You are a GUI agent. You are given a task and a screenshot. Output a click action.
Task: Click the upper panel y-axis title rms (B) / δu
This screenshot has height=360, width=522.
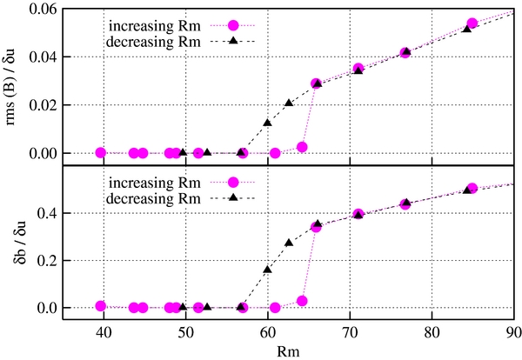pyautogui.click(x=11, y=82)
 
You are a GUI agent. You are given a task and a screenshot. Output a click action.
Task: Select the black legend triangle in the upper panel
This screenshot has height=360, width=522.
pyautogui.click(x=232, y=40)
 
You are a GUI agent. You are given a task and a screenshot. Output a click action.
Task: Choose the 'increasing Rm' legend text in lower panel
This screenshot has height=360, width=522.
pyautogui.click(x=152, y=182)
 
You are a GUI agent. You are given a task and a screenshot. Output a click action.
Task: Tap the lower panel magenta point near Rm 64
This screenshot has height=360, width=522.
pyautogui.click(x=302, y=301)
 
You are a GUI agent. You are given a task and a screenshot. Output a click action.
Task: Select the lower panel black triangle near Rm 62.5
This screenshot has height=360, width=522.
pyautogui.click(x=289, y=243)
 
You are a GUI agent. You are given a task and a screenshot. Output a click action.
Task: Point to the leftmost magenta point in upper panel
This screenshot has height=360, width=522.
pyautogui.click(x=100, y=152)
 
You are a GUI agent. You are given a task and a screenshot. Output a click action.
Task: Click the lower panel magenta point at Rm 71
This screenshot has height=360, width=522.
pyautogui.click(x=358, y=214)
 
